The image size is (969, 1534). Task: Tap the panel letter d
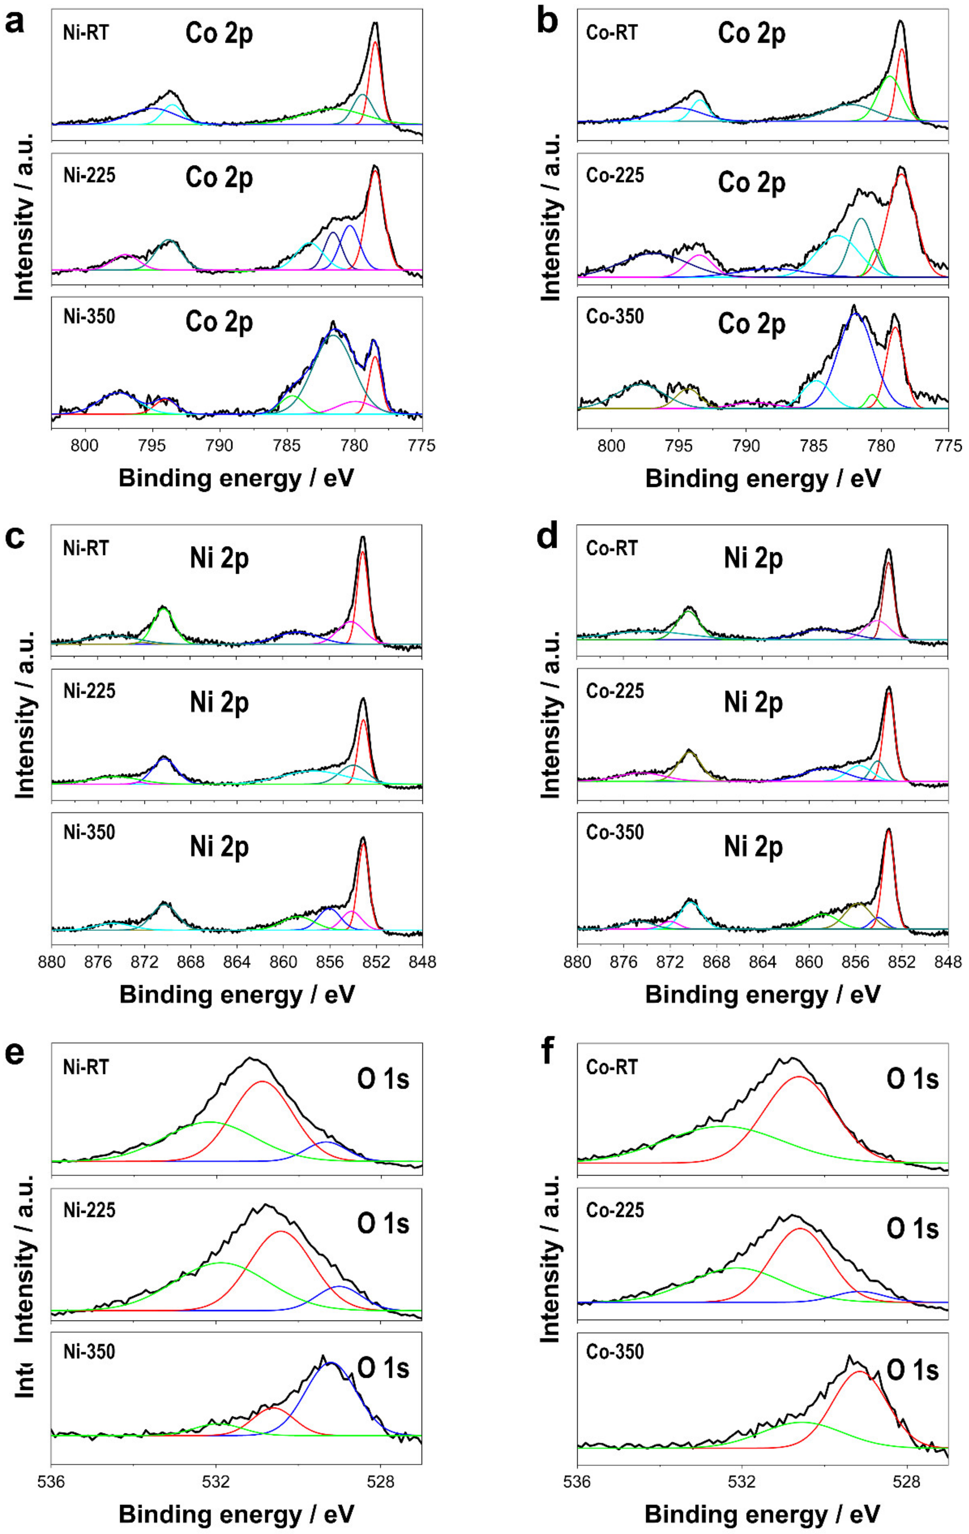(x=548, y=537)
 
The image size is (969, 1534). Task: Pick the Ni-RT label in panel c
(x=86, y=548)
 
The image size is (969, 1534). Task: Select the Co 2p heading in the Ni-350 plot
(x=219, y=322)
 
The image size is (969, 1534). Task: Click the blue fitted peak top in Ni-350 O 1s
(x=330, y=1363)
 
